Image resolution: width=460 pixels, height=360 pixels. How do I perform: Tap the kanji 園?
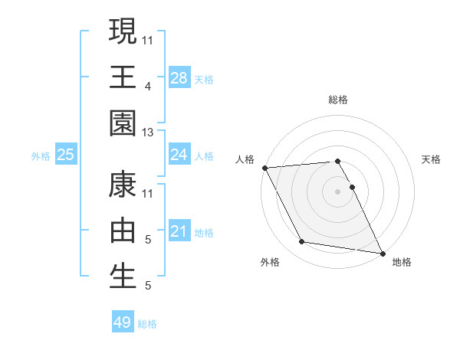pyautogui.click(x=123, y=123)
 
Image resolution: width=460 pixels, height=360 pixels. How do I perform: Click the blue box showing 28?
pyautogui.click(x=179, y=77)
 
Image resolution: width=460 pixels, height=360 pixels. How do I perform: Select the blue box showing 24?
pyautogui.click(x=179, y=155)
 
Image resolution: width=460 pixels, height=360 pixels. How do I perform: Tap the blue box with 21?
pyautogui.click(x=179, y=231)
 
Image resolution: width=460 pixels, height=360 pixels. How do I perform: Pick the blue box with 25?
pyautogui.click(x=66, y=155)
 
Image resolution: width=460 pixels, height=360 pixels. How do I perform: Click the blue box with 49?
pyautogui.click(x=123, y=322)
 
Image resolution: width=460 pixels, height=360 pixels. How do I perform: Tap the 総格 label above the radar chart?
pyautogui.click(x=337, y=100)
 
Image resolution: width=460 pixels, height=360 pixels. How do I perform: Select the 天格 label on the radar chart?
pyautogui.click(x=432, y=159)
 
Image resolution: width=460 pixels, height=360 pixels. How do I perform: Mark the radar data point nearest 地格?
pyautogui.click(x=382, y=252)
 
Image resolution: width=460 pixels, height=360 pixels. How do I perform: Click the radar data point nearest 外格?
pyautogui.click(x=302, y=242)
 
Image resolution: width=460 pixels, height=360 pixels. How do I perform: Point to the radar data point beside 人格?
pyautogui.click(x=264, y=168)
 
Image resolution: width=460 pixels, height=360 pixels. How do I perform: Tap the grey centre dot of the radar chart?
pyautogui.click(x=337, y=191)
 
